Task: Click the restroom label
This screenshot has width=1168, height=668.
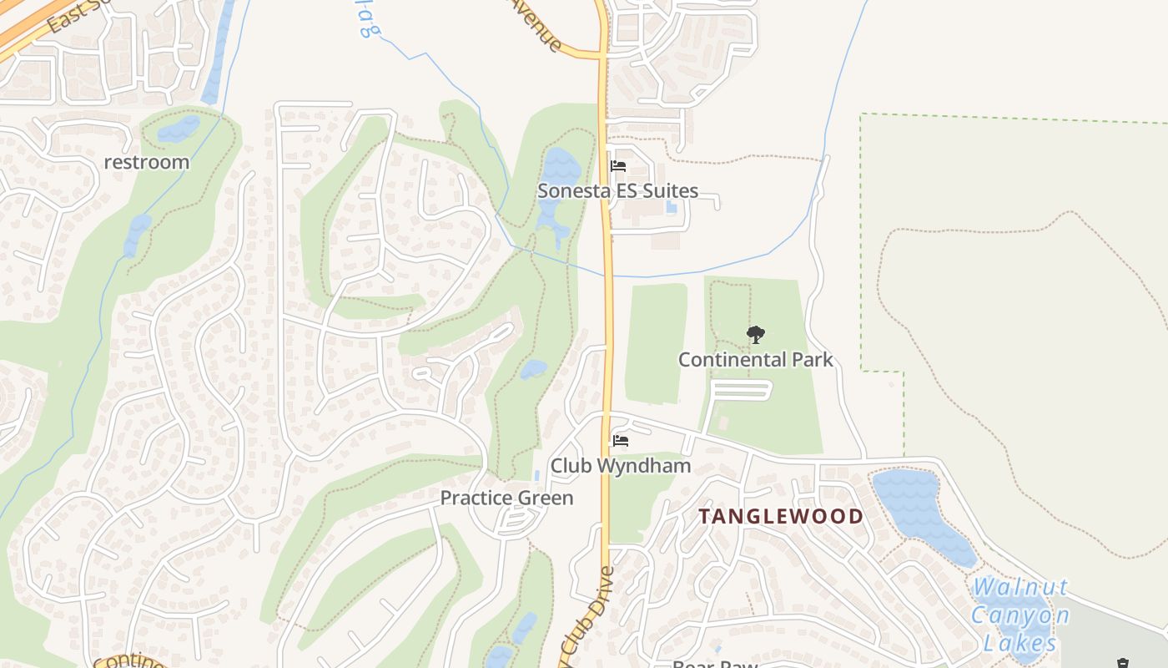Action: [x=147, y=162]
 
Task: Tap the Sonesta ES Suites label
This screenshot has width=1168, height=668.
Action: [x=617, y=190]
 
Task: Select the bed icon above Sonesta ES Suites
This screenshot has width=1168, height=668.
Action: [x=618, y=166]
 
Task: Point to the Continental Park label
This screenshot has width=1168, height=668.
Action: [x=755, y=360]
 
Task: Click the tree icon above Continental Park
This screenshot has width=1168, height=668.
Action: [x=755, y=335]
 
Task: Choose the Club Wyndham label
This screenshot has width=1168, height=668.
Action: [x=620, y=466]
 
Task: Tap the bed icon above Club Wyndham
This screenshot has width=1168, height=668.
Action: [x=620, y=441]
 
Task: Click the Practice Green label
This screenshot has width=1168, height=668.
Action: [x=506, y=498]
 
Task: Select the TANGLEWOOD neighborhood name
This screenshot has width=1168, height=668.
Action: [x=781, y=516]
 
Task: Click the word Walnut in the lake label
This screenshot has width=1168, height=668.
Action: [x=1020, y=589]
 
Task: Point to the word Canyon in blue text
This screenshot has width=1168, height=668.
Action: [x=1019, y=616]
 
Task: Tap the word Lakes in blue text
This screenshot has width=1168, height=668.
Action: [x=1019, y=644]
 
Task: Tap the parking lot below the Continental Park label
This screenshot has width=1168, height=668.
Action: [x=739, y=390]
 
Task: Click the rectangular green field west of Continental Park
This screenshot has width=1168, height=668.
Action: [x=656, y=342]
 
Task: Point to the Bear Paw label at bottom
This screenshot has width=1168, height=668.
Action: [x=715, y=663]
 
